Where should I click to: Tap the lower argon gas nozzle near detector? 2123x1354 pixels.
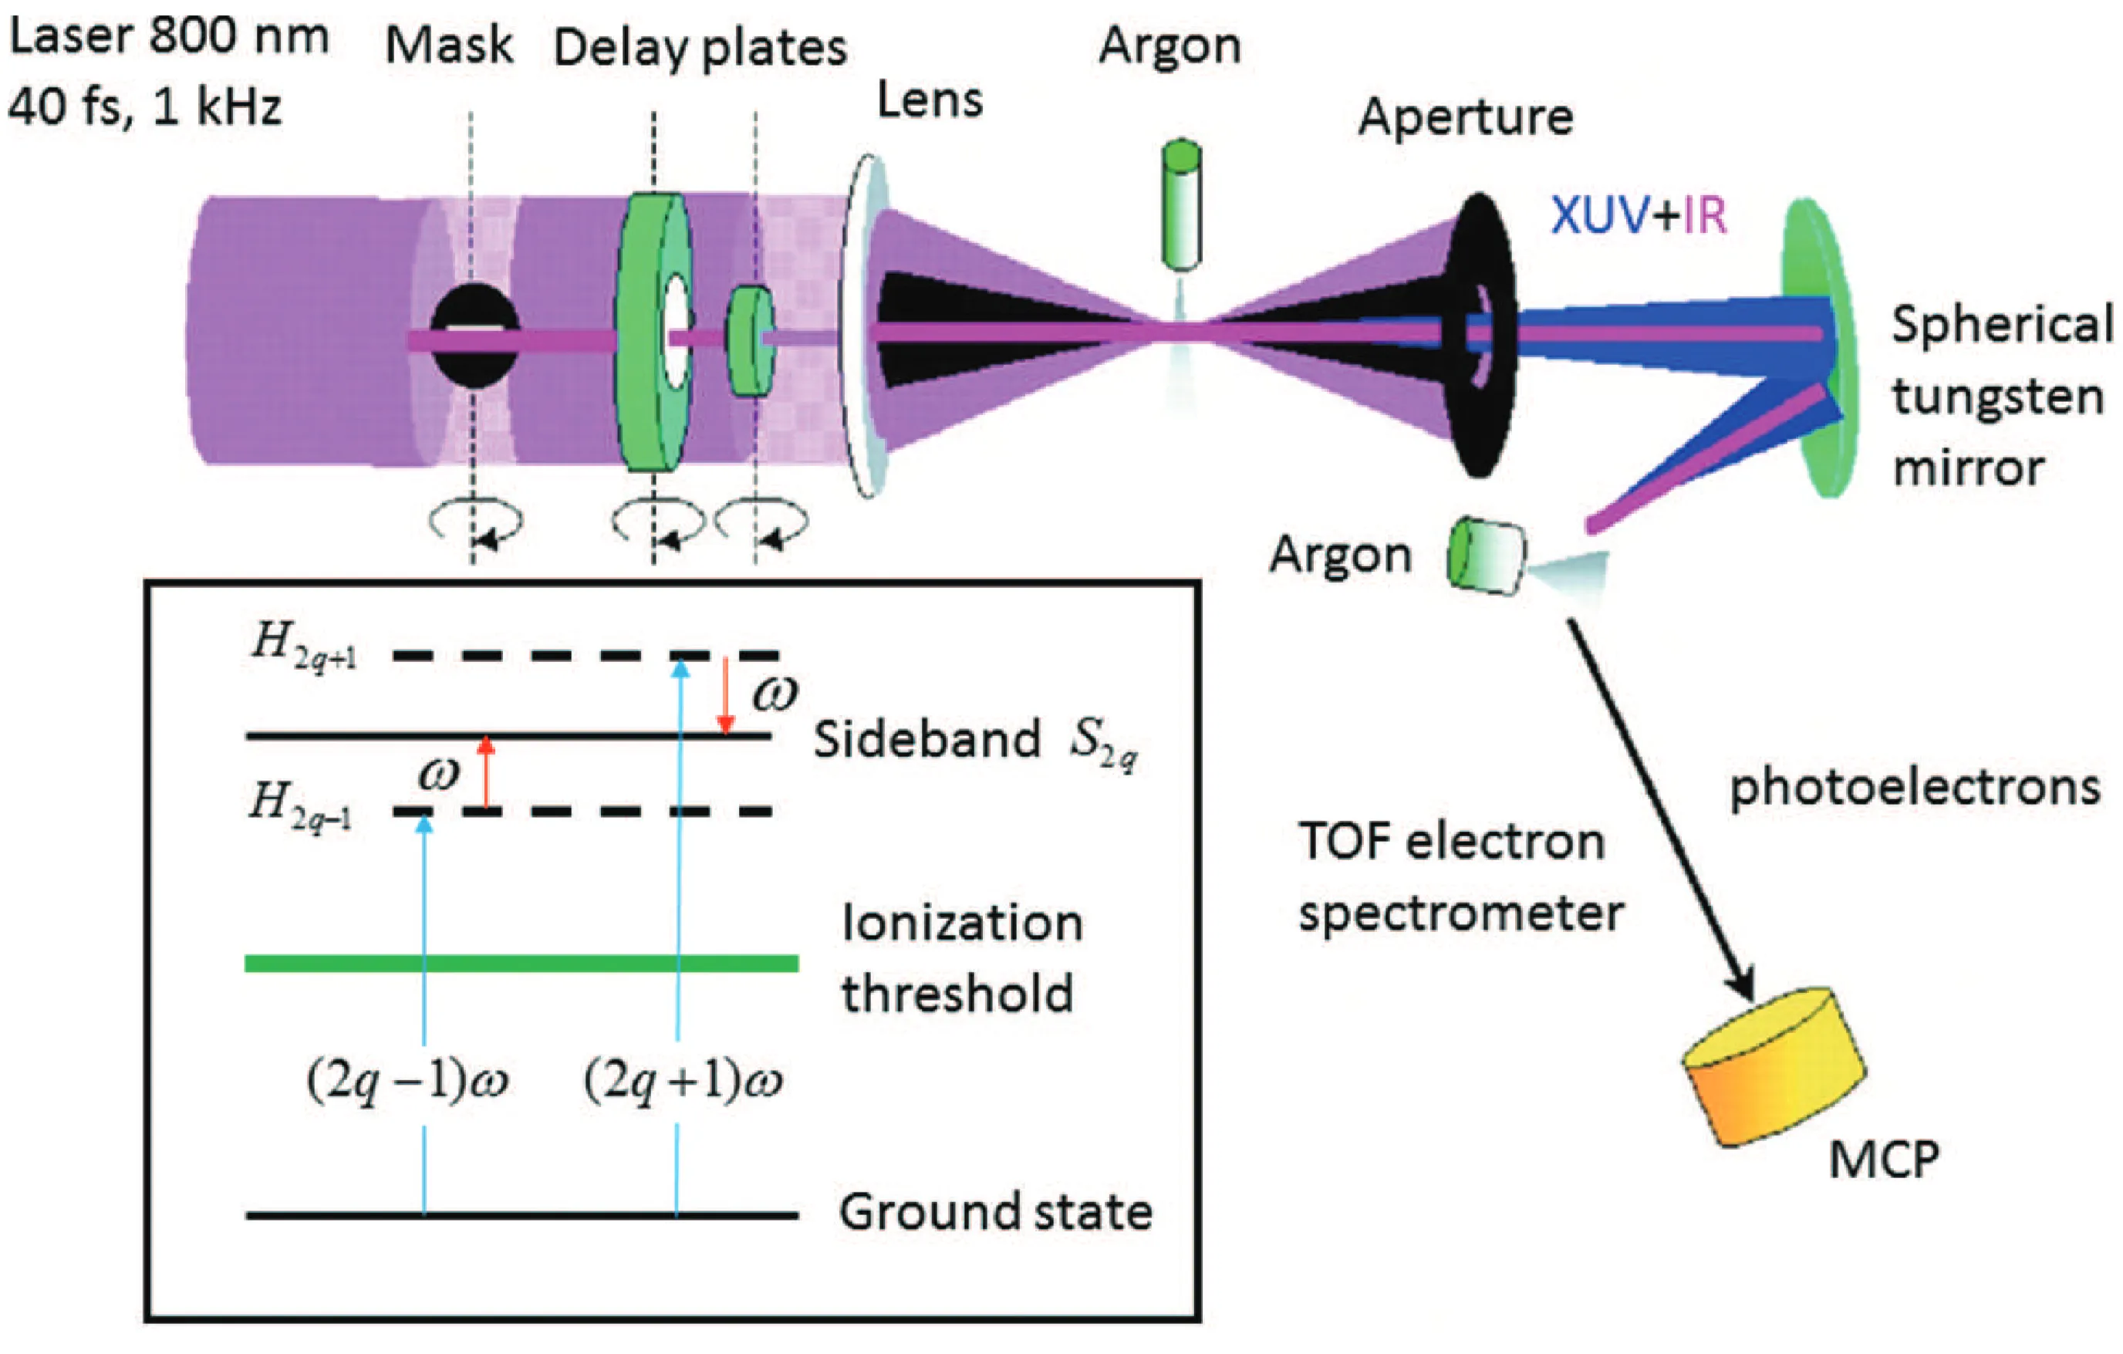pyautogui.click(x=1488, y=555)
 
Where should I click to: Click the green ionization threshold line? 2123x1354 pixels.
pyautogui.click(x=520, y=964)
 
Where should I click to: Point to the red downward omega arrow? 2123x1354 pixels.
pyautogui.click(x=724, y=697)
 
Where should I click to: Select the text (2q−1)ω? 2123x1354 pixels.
pyautogui.click(x=407, y=1080)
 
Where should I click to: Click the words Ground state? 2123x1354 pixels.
pyautogui.click(x=994, y=1212)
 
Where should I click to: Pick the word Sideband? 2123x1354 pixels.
pyautogui.click(x=926, y=738)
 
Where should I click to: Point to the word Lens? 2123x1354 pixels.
pyautogui.click(x=930, y=101)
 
